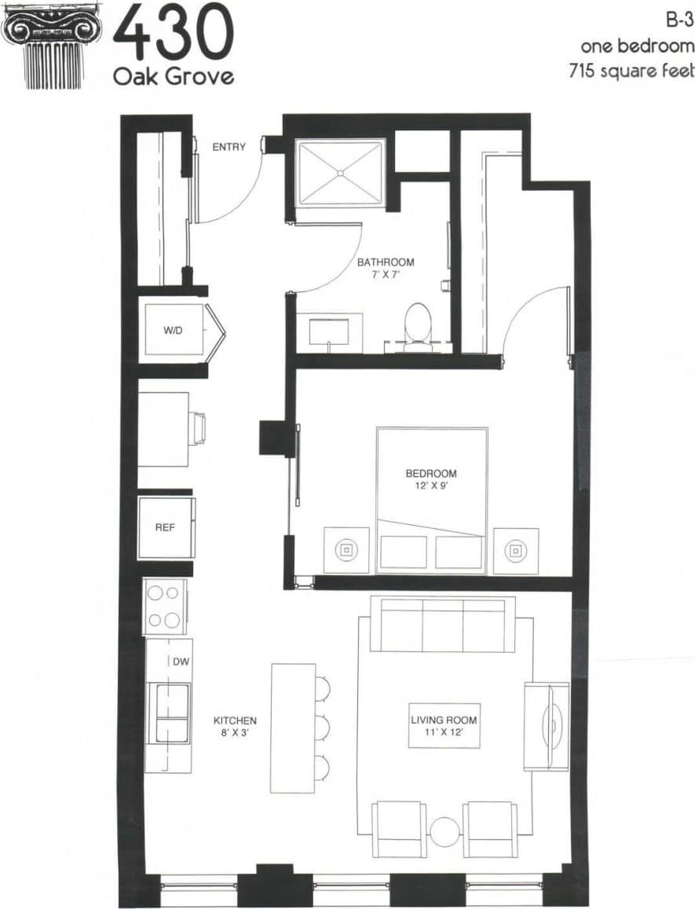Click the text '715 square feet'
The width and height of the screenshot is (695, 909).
pyautogui.click(x=631, y=70)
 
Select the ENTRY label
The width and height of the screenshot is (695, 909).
pyautogui.click(x=229, y=147)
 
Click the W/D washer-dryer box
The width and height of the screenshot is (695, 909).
pyautogui.click(x=174, y=331)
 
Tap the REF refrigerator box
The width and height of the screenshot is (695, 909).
pyautogui.click(x=165, y=527)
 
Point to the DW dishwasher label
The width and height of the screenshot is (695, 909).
pyautogui.click(x=181, y=662)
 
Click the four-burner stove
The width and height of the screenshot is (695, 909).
pyautogui.click(x=165, y=607)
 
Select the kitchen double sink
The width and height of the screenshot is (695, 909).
pyautogui.click(x=171, y=712)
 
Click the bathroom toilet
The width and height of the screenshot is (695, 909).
pyautogui.click(x=417, y=323)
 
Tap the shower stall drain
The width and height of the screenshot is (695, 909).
pyautogui.click(x=340, y=172)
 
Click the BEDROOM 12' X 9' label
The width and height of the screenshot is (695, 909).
pyautogui.click(x=431, y=479)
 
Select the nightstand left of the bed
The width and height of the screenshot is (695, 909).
pyautogui.click(x=346, y=551)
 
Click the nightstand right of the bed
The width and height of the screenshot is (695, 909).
pyautogui.click(x=516, y=551)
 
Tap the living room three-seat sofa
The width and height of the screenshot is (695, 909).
pyautogui.click(x=442, y=624)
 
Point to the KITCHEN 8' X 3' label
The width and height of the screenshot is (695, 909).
pyautogui.click(x=236, y=726)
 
